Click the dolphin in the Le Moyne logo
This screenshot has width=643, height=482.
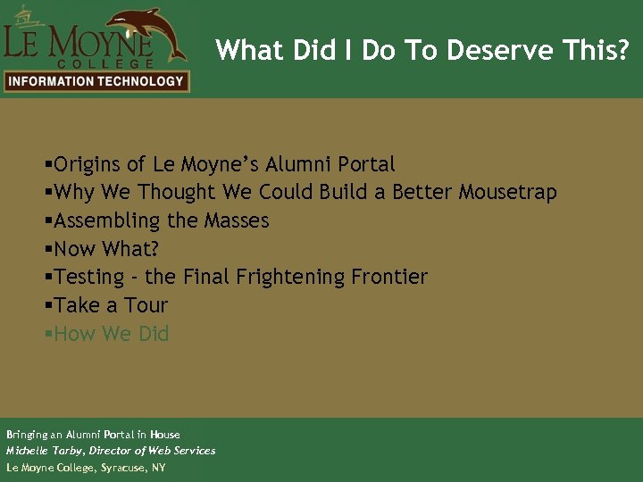pyautogui.click(x=146, y=31)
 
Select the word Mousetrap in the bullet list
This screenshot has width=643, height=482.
pyautogui.click(x=507, y=192)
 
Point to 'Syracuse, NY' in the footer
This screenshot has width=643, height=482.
pyautogui.click(x=133, y=467)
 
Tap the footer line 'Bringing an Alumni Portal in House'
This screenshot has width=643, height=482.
pyautogui.click(x=93, y=435)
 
